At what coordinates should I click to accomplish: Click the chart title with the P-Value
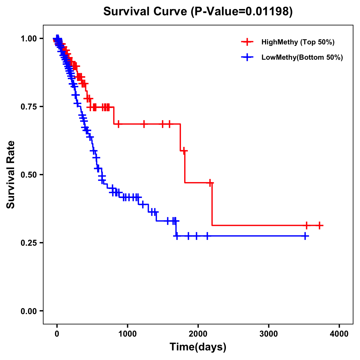click(x=198, y=11)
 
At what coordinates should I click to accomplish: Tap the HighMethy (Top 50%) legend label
click(x=298, y=42)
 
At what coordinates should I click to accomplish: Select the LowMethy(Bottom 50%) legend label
click(x=302, y=57)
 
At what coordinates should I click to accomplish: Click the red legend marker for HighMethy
click(x=247, y=42)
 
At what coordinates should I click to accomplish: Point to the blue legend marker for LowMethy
click(x=247, y=57)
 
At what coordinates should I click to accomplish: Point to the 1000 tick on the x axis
click(x=127, y=334)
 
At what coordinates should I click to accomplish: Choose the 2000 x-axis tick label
click(x=198, y=334)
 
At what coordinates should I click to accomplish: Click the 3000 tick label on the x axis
click(x=268, y=334)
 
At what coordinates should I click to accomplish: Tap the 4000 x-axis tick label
click(x=339, y=334)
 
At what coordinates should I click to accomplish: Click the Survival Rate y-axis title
click(x=11, y=175)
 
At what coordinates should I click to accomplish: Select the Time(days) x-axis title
click(x=198, y=347)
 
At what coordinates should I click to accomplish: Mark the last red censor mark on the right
click(x=319, y=225)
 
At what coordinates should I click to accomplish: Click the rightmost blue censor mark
click(x=305, y=236)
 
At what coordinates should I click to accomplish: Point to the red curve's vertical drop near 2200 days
click(x=212, y=204)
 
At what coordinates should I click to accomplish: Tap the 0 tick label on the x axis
click(x=57, y=334)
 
